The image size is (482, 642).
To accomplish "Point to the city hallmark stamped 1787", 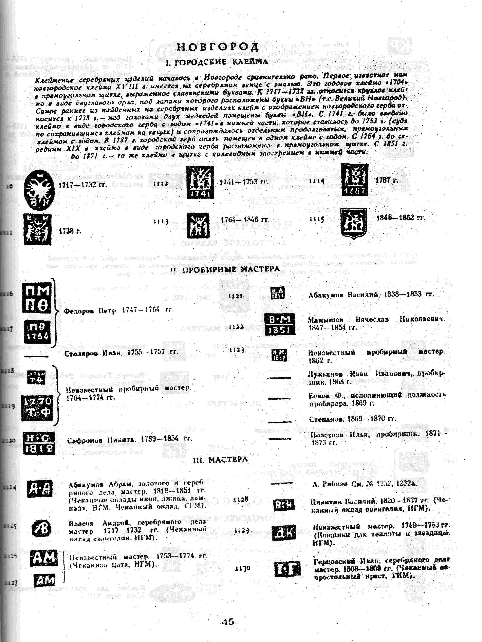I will click(x=355, y=179).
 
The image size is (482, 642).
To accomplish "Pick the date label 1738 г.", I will click(x=70, y=231).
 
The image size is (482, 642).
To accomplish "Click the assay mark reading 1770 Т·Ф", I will click(x=37, y=408).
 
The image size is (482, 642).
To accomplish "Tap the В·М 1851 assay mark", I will click(x=280, y=324).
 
